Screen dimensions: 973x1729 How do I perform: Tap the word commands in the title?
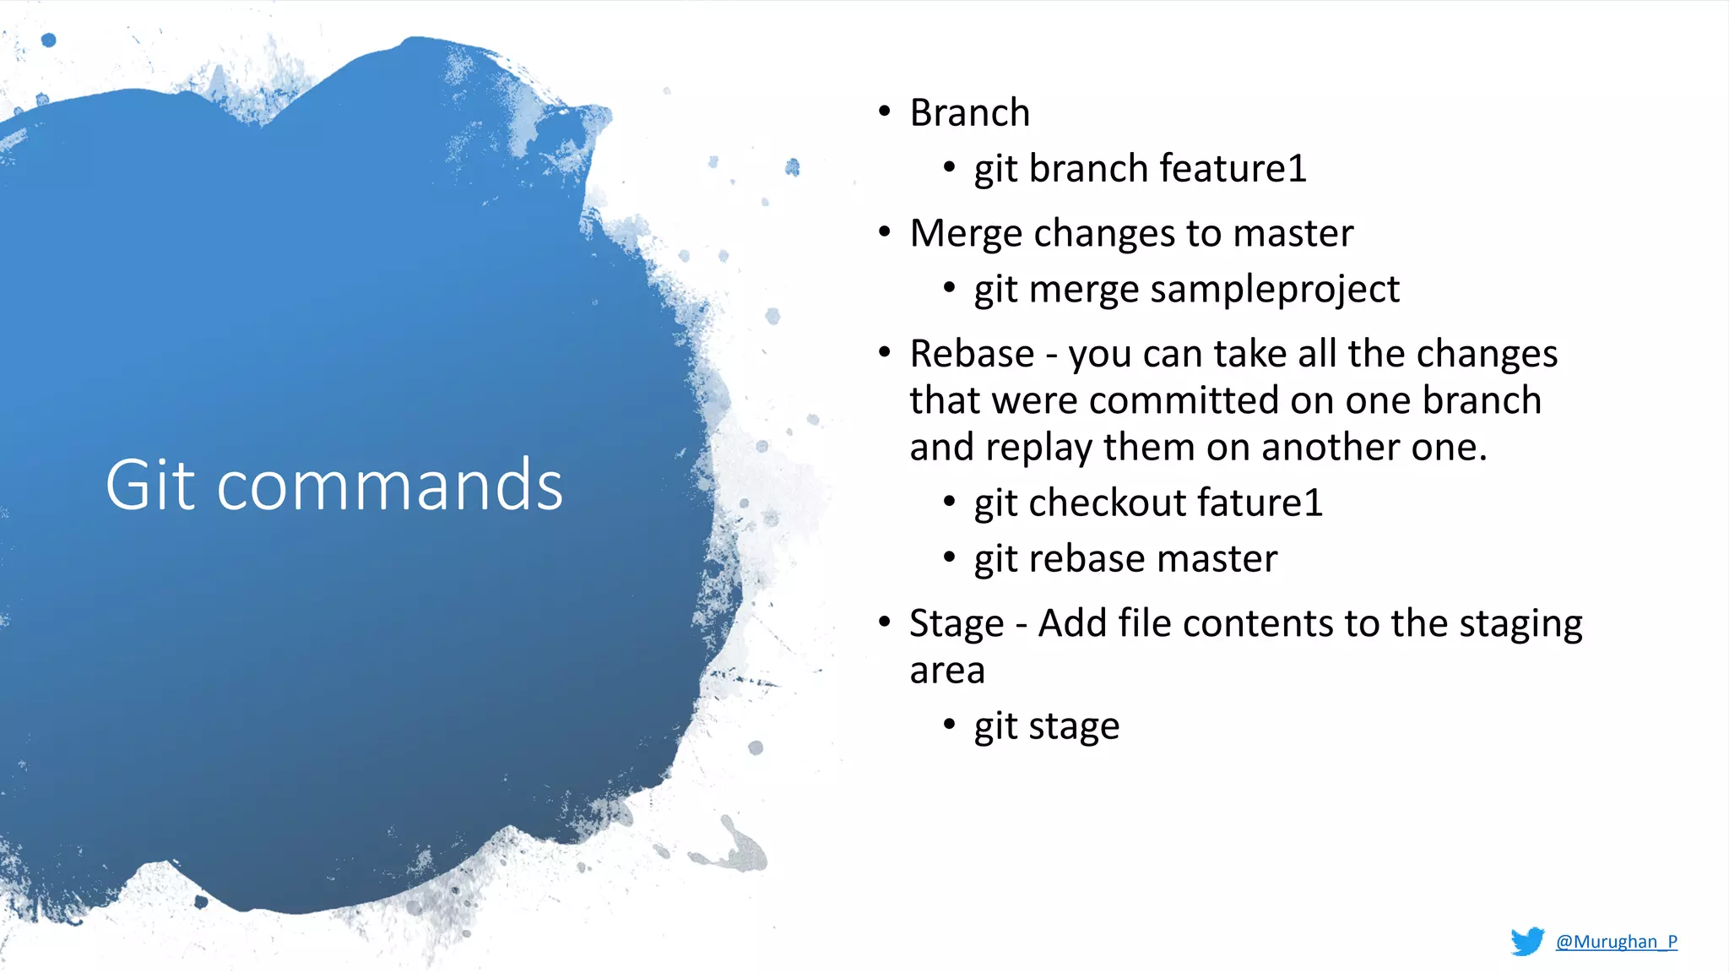pyautogui.click(x=389, y=486)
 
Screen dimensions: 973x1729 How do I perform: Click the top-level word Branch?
pyautogui.click(x=969, y=112)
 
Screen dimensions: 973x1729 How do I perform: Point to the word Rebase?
pyautogui.click(x=971, y=353)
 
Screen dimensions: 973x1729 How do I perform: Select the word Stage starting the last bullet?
pyautogui.click(x=956, y=624)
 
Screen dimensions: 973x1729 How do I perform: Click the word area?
pyautogui.click(x=946, y=671)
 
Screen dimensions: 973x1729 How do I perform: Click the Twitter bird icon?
pyautogui.click(x=1526, y=941)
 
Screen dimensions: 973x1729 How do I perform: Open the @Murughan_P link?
pyautogui.click(x=1616, y=941)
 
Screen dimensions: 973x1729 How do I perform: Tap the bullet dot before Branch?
pyautogui.click(x=884, y=111)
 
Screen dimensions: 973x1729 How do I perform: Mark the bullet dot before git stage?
pyautogui.click(x=949, y=724)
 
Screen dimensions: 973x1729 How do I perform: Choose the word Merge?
pyautogui.click(x=965, y=234)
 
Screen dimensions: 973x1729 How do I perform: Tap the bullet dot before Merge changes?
pyautogui.click(x=884, y=231)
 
